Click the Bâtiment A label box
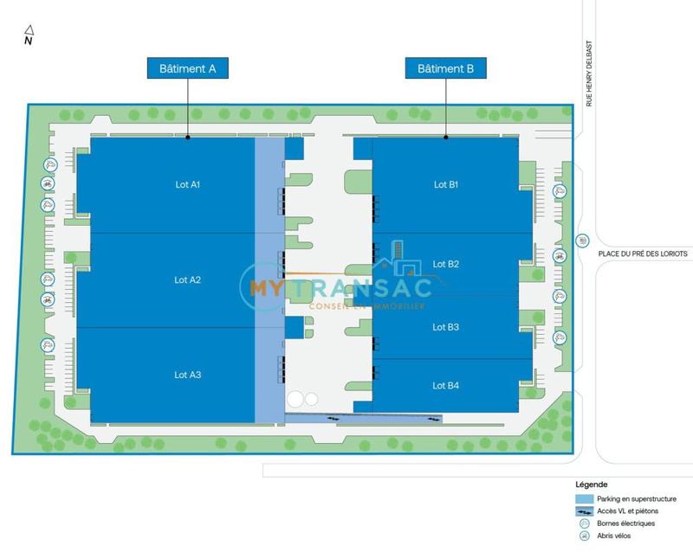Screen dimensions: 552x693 point(187,68)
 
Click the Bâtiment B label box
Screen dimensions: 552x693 point(445,68)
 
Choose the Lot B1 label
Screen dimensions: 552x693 point(446,184)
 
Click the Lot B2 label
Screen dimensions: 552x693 point(446,264)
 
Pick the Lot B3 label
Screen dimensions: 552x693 point(446,327)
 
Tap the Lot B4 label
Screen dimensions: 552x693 point(446,385)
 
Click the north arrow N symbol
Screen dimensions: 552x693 point(28,37)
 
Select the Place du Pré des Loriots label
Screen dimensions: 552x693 point(642,254)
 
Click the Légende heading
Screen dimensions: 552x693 point(591,485)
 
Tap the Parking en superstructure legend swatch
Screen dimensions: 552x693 point(585,499)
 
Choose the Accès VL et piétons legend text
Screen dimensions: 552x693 point(628,511)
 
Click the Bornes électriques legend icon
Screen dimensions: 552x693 point(585,523)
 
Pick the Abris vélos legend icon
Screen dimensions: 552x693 point(585,536)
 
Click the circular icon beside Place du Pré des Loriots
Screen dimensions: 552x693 point(582,241)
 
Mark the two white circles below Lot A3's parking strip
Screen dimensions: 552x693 point(303,399)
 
